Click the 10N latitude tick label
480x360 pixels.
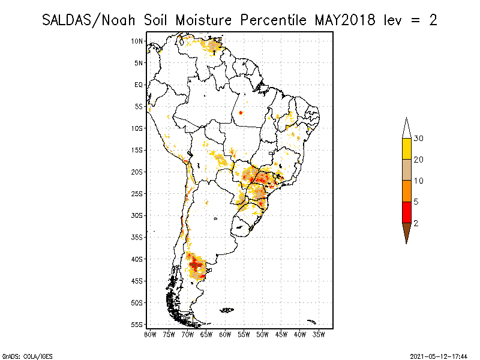point(137,41)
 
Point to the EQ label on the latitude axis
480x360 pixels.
point(139,85)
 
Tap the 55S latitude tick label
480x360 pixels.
point(137,325)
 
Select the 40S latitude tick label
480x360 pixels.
point(137,259)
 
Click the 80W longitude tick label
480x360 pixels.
point(150,334)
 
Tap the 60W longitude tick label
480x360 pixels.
point(225,334)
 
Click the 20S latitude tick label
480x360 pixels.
point(137,172)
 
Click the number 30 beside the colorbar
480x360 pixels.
point(419,139)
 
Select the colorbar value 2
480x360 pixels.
point(416,223)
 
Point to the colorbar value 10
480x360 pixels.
point(419,181)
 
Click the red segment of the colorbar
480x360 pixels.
point(406,212)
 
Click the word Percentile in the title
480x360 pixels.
point(272,20)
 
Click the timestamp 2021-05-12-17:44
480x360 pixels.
point(439,356)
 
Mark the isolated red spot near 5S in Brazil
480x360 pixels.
point(241,112)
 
